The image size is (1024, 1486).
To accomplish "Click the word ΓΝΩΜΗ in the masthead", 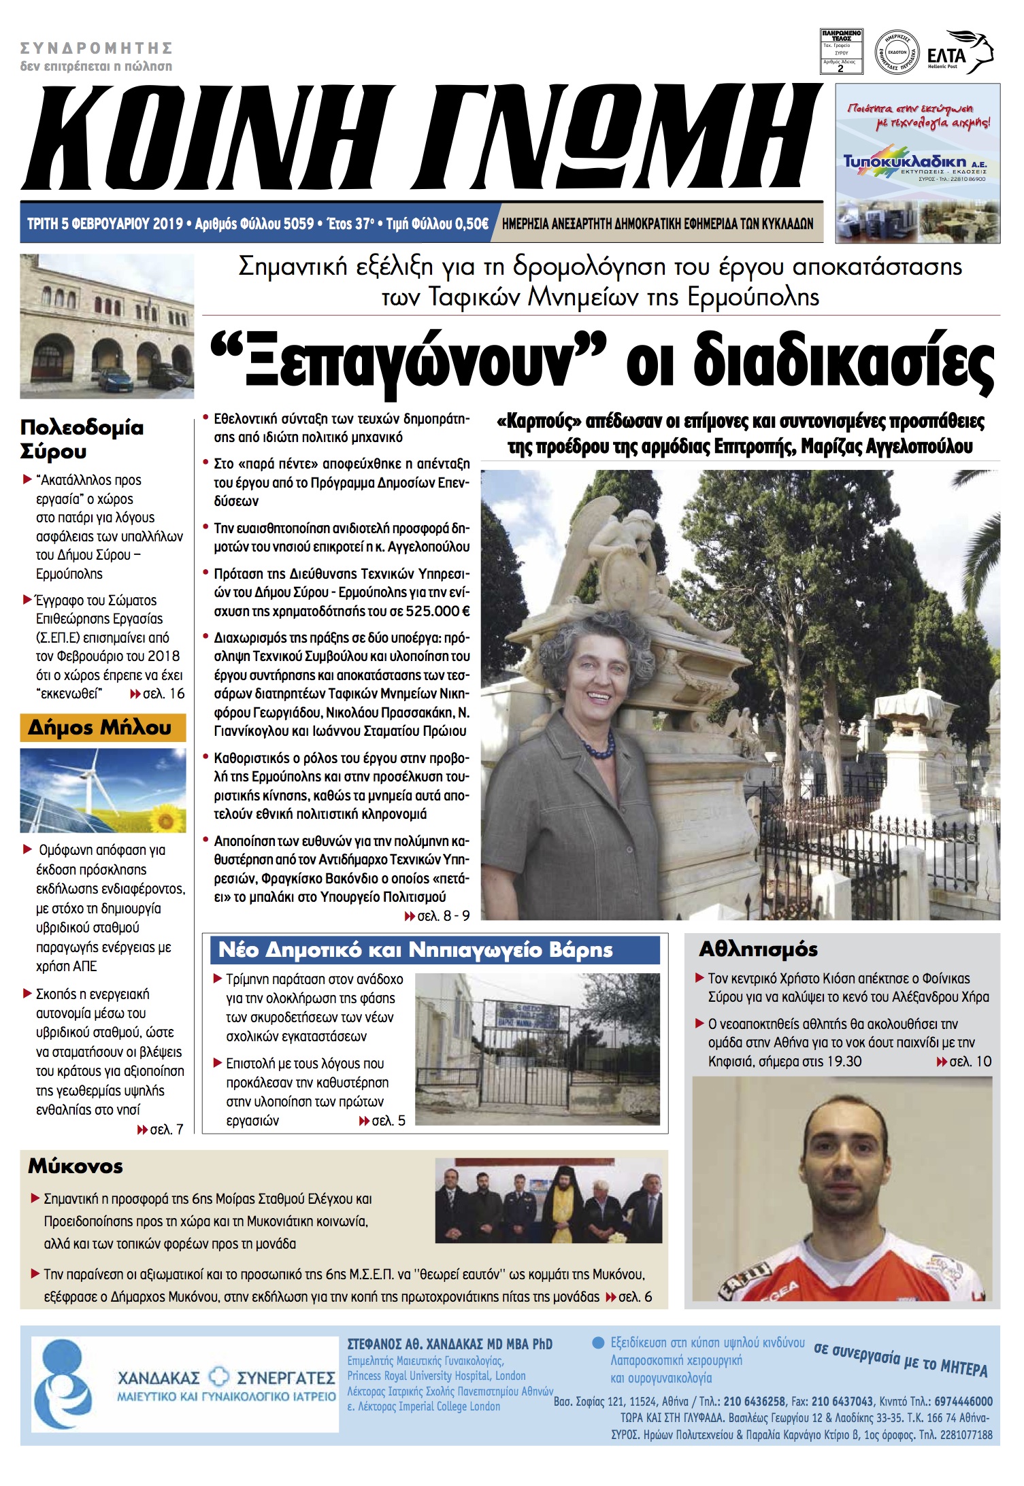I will point(619,139).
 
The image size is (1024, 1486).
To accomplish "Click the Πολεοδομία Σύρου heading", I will point(82,439).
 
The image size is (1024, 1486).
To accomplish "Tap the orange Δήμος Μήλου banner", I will point(102,727).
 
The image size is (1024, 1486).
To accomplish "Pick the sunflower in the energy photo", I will point(165,820).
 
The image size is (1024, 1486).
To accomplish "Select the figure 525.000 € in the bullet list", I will point(437,611).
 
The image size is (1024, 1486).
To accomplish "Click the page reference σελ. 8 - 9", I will point(443,916).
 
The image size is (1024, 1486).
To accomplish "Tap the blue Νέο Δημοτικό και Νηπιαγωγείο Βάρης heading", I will point(415,949).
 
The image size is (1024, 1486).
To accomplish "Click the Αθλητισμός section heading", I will point(758,949).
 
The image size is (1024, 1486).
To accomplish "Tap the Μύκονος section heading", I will point(76,1166).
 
